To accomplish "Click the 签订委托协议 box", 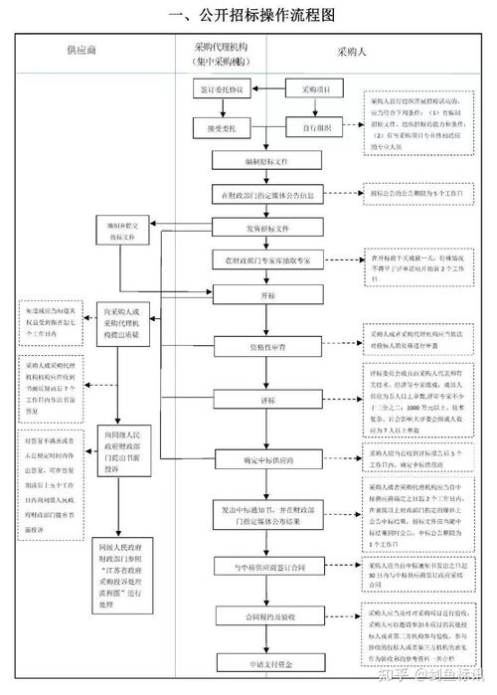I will (222, 89).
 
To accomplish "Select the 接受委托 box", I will (222, 127).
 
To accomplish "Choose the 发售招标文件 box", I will (267, 228).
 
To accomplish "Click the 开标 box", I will (267, 295).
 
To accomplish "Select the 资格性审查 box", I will (267, 346).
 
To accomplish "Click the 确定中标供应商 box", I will (267, 459).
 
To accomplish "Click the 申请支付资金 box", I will (267, 660).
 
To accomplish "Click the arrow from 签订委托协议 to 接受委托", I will (222, 108).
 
